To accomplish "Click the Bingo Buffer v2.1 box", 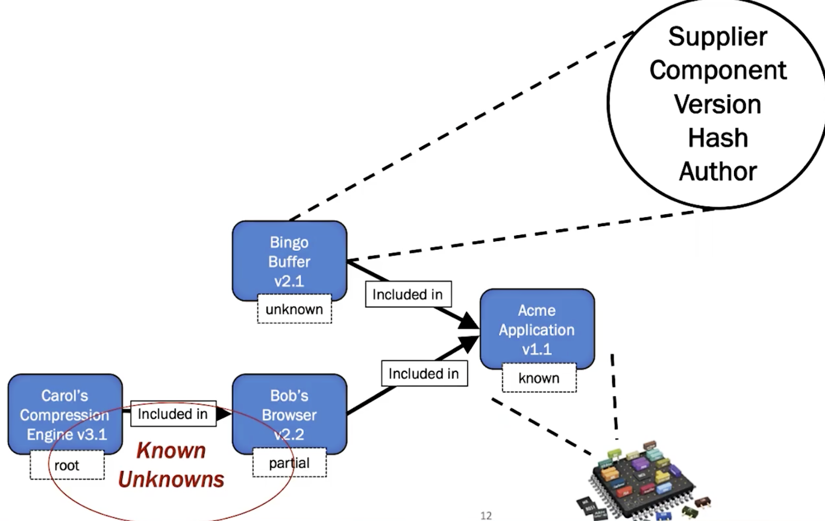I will tap(289, 259).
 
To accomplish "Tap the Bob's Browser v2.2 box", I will tap(289, 413).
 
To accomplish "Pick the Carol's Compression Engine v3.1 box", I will tap(65, 413).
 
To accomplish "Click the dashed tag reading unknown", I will tap(294, 310).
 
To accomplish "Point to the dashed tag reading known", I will tap(539, 379).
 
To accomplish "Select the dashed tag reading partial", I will tap(289, 463).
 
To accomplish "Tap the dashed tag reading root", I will tap(67, 465).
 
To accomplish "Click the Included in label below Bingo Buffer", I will tap(407, 295).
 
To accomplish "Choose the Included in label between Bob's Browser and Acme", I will tap(424, 374).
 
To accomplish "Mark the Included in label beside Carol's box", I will tap(173, 414).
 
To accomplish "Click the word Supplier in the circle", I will tap(718, 37).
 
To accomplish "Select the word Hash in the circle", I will tap(718, 138).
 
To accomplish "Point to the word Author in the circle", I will tap(718, 172).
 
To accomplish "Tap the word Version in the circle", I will tap(718, 104).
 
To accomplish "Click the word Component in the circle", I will tap(718, 71).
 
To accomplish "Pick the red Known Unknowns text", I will tap(171, 465).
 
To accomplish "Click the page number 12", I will tap(486, 515).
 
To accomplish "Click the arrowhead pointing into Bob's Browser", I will tap(224, 414).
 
